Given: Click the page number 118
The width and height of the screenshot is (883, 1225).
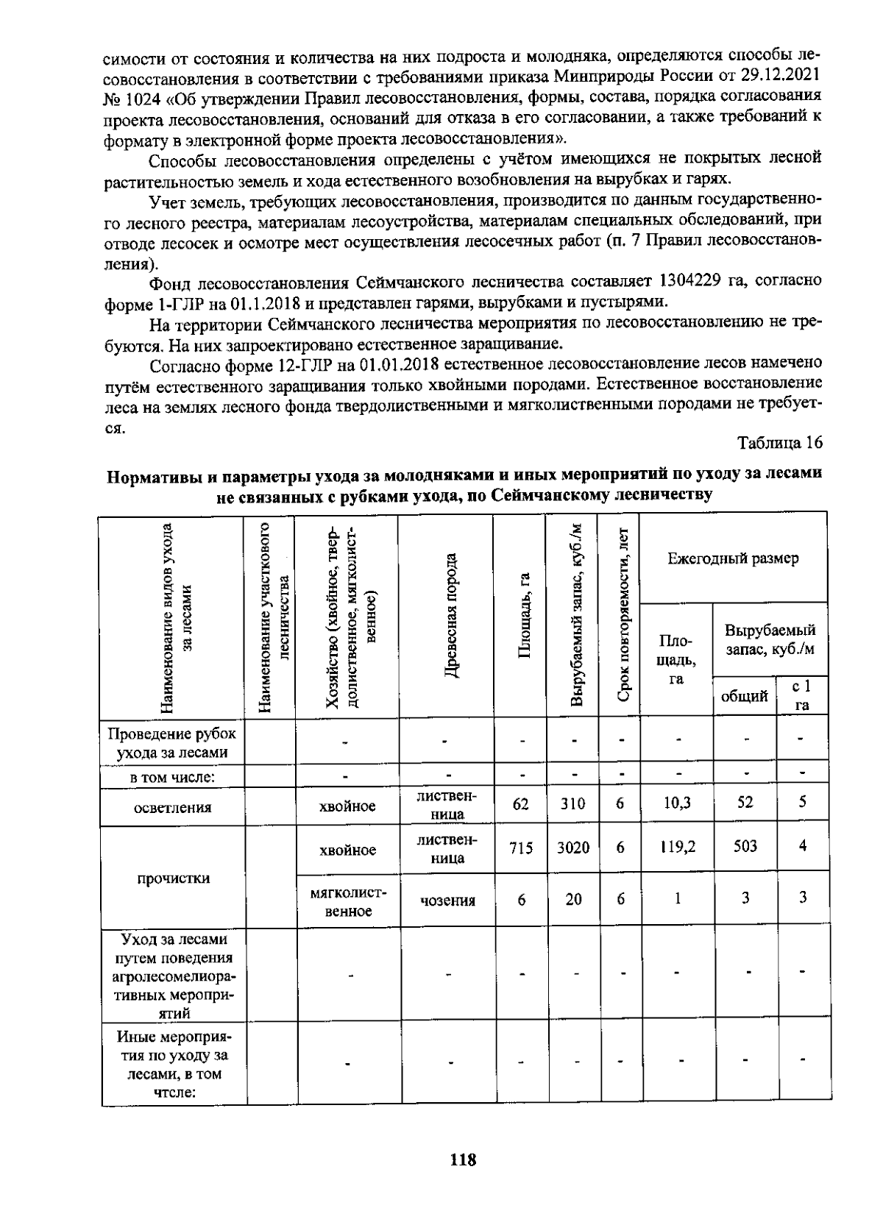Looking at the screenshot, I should [463, 1160].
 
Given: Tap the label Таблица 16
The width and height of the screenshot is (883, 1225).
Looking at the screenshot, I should [779, 442].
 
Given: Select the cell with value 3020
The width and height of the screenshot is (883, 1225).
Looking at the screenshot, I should [572, 848].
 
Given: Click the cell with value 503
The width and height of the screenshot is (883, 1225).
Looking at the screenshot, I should [745, 846].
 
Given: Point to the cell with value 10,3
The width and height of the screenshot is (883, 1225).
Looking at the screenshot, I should [676, 803].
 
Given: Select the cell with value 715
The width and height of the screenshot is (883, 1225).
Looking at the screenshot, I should [520, 848].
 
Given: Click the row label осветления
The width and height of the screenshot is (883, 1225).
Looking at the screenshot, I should [173, 807].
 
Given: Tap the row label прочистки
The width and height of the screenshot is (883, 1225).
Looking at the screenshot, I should [173, 878].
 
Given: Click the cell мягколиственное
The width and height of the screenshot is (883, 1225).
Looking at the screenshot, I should [347, 901].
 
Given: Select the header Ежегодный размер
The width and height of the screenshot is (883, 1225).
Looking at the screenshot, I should [733, 558].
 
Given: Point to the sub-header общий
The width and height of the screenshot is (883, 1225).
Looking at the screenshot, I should [744, 695].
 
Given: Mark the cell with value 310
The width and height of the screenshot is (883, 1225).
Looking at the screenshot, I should [572, 804].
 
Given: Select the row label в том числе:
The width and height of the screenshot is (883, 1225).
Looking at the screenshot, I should [173, 777].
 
